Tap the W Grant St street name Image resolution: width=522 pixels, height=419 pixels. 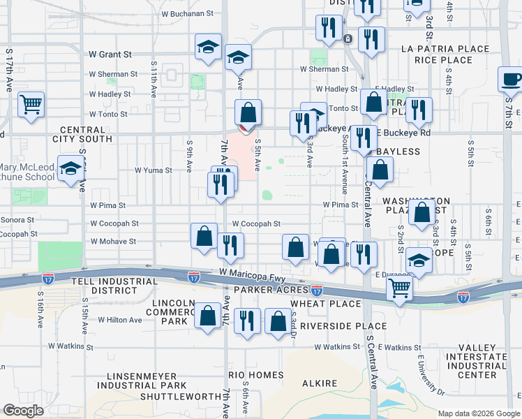110,54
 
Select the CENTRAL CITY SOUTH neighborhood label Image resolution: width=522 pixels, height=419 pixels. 87,134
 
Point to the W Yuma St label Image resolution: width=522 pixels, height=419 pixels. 154,170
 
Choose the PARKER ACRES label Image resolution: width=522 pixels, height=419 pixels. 271,290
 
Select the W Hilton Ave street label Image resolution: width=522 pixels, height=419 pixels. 119,320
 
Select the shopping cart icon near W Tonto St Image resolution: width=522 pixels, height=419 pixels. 31,105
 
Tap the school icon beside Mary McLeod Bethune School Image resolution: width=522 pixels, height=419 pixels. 71,169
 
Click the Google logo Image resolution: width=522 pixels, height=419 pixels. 23,411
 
